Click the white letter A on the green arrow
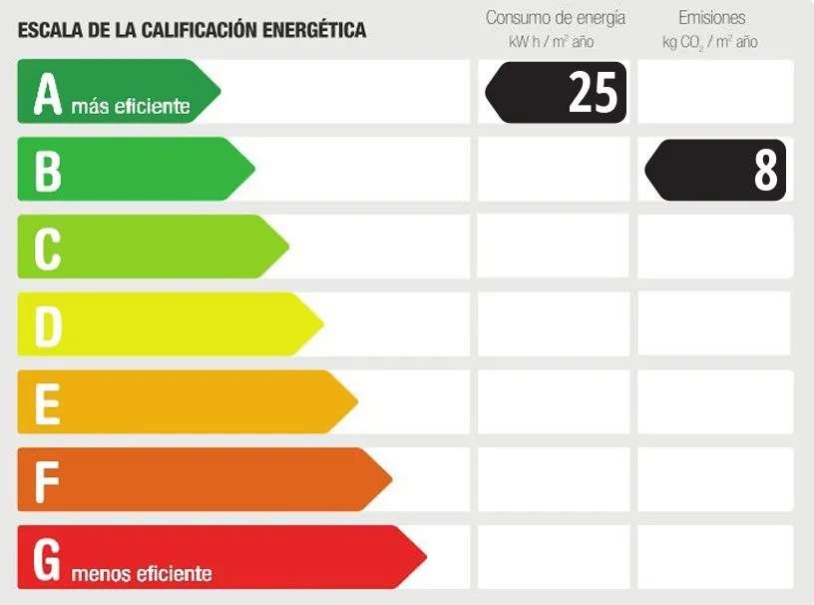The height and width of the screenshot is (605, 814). [48, 93]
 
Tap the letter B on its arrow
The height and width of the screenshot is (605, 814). [48, 171]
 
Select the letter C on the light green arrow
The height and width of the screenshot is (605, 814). [48, 249]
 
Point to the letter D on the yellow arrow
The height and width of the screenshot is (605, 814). [49, 326]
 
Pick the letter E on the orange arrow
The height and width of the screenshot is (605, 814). [47, 404]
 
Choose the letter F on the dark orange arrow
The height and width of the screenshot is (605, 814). [46, 482]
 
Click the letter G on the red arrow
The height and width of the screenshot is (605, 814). [48, 560]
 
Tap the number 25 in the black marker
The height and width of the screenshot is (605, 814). [593, 93]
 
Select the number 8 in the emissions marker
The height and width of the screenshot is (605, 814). [765, 171]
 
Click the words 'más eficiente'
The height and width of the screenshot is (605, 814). [130, 107]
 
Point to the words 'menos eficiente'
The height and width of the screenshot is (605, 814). [142, 574]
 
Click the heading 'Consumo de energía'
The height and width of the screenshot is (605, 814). [555, 18]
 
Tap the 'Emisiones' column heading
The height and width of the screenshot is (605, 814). [711, 18]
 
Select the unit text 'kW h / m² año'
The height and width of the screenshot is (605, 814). [551, 42]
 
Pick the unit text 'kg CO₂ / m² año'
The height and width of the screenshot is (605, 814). [709, 42]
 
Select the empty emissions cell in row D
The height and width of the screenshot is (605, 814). [715, 324]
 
